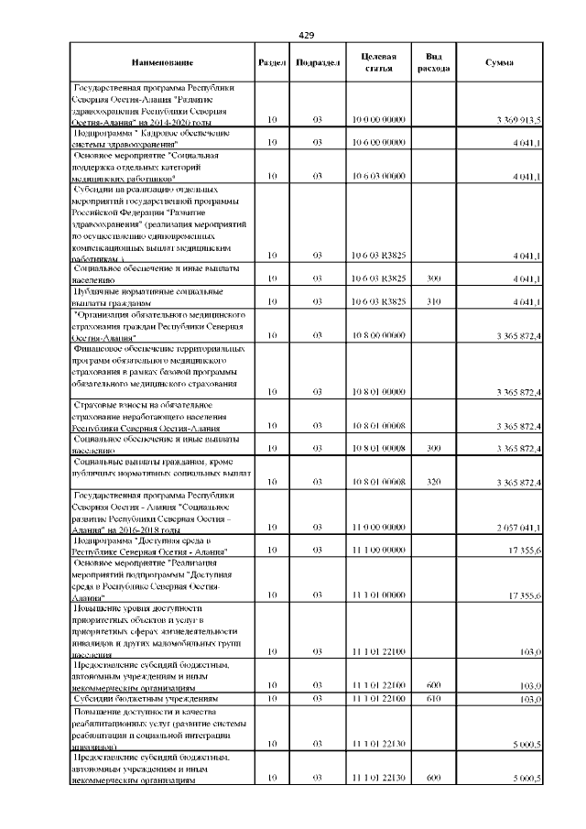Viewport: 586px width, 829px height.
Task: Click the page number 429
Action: click(x=307, y=35)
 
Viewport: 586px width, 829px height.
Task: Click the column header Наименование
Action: click(x=162, y=61)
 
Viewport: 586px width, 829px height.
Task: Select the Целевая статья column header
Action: click(x=378, y=61)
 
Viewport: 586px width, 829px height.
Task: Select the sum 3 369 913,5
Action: click(x=519, y=120)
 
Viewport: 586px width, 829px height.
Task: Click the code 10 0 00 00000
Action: click(x=378, y=120)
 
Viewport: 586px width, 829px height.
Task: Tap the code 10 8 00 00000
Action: click(x=378, y=335)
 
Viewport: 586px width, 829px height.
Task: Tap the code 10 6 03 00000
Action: click(x=378, y=175)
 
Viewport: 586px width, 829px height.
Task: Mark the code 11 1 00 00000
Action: click(x=378, y=551)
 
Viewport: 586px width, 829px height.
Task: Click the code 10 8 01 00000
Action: click(x=378, y=392)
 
